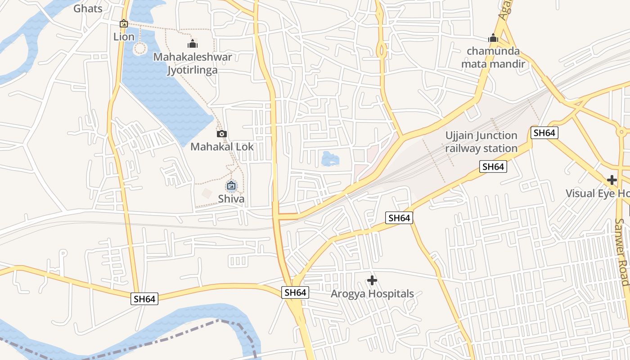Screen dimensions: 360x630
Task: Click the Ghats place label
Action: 88,8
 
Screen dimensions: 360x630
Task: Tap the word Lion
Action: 124,37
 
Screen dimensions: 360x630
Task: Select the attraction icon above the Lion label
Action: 124,23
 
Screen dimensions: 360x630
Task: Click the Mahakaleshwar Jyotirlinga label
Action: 193,63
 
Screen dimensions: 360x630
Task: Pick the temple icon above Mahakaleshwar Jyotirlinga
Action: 193,44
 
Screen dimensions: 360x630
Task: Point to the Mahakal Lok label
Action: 222,147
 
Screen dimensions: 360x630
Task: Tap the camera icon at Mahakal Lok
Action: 221,134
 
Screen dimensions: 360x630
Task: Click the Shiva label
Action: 231,199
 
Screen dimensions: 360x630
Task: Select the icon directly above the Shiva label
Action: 231,185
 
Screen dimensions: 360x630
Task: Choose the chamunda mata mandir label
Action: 493,57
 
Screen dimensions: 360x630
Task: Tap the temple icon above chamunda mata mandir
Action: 493,38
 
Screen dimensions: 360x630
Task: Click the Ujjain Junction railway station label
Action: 481,142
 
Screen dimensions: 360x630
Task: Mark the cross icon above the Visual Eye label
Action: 612,180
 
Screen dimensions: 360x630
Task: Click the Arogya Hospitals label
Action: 372,294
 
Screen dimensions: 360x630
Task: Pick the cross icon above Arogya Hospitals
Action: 372,281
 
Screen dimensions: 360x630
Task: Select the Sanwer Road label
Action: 622,252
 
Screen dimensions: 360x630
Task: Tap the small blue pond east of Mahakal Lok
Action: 330,159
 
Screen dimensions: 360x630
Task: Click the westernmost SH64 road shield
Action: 144,299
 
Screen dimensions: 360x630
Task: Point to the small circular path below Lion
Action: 140,48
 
